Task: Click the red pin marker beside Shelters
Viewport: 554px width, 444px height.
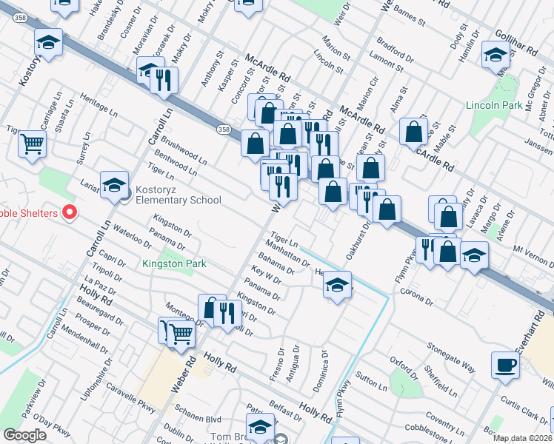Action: [x=70, y=213]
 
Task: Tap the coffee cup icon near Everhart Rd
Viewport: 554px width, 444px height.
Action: [x=506, y=365]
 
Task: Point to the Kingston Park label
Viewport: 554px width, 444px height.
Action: [x=174, y=263]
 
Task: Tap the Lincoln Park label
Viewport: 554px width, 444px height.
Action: [x=495, y=105]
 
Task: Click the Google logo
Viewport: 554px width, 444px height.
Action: [x=24, y=435]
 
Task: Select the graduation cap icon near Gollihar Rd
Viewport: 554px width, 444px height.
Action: [x=495, y=55]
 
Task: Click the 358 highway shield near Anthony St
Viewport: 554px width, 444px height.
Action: [x=224, y=129]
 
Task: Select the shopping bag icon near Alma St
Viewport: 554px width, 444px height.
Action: [x=413, y=131]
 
